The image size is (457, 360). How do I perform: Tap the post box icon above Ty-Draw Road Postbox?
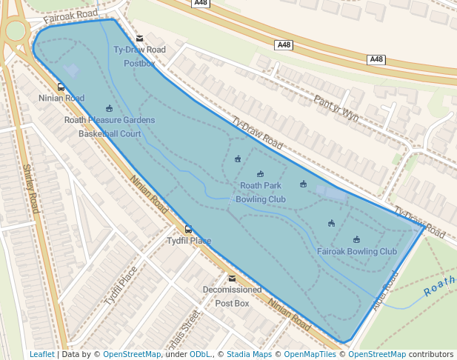[x=139, y=39]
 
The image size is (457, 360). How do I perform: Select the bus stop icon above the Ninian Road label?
[x=61, y=87]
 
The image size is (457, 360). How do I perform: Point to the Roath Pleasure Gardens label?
[x=110, y=120]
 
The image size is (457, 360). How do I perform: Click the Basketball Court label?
[x=110, y=134]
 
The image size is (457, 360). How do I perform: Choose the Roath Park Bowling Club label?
[x=261, y=192]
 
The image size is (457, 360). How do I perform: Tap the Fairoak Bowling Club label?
[x=357, y=252]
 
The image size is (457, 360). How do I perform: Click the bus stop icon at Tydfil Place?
[x=188, y=230]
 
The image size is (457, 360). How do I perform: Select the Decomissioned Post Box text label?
[x=233, y=296]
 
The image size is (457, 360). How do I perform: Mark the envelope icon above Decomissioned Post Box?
[x=233, y=279]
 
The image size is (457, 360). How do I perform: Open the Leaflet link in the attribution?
[x=41, y=354]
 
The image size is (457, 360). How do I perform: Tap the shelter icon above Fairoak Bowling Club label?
[x=356, y=239]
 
